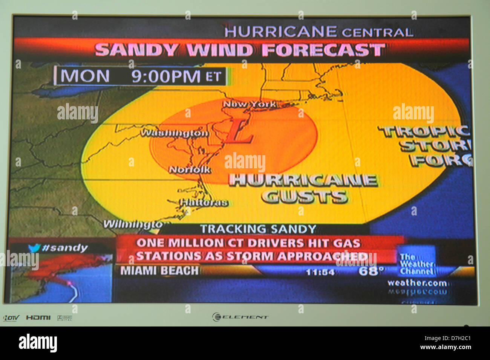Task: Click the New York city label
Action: click(x=249, y=104)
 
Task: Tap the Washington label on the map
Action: click(x=174, y=133)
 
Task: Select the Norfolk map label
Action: click(x=190, y=170)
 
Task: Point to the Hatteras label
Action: click(x=204, y=203)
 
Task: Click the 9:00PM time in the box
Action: click(x=165, y=76)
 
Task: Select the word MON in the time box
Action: click(x=85, y=76)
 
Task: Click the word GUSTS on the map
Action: click(x=304, y=197)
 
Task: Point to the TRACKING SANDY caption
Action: click(x=258, y=229)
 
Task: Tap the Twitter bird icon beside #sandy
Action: click(x=34, y=248)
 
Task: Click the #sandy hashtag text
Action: click(x=65, y=248)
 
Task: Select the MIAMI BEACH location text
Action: click(x=159, y=271)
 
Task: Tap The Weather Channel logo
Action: click(x=416, y=264)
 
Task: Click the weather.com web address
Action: click(x=417, y=283)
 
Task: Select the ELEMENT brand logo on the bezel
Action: click(x=240, y=317)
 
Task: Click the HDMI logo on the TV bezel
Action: click(x=38, y=318)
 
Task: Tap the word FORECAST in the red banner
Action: click(x=323, y=50)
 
